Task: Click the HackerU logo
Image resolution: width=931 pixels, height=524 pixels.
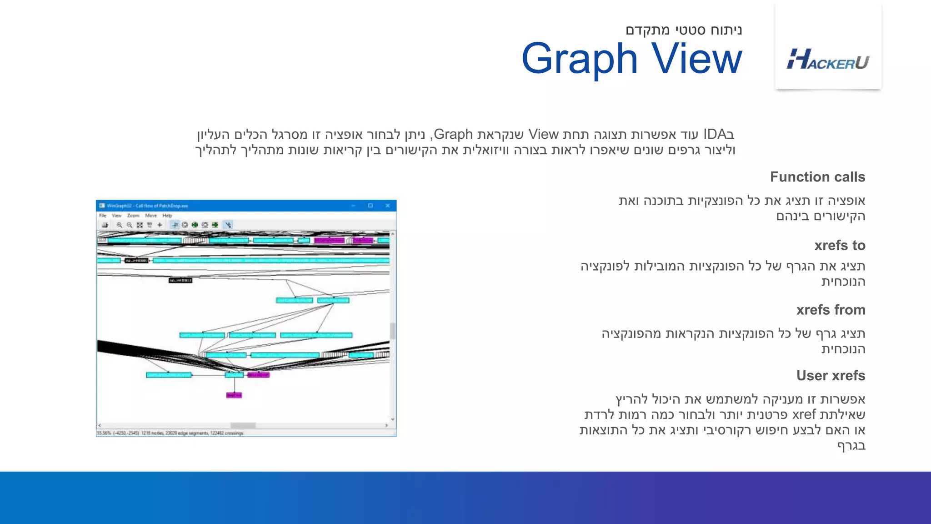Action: pos(828,60)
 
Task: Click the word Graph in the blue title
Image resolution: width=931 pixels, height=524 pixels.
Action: pos(580,59)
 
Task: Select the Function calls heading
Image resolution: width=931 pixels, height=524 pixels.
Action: pos(817,177)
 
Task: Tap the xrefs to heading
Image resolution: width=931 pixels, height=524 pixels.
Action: pos(840,246)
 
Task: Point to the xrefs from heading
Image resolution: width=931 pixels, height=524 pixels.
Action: pos(831,310)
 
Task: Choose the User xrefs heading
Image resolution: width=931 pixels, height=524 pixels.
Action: pos(831,376)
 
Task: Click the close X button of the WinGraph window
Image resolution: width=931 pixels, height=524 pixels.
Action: pos(388,206)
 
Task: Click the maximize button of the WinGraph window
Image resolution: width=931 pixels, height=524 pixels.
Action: pos(370,206)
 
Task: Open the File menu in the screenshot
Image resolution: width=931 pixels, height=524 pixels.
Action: pos(103,216)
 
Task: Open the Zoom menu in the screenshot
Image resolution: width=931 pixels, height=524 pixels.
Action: pos(133,216)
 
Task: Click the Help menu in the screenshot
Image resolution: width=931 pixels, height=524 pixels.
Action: pos(167,216)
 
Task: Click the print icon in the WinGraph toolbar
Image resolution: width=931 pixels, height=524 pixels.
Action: pos(105,225)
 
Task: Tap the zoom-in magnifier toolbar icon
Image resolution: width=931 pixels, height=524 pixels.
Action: pos(119,225)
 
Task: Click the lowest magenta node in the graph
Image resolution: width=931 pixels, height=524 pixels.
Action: pos(234,395)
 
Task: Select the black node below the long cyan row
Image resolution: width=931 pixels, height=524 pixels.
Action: pos(180,280)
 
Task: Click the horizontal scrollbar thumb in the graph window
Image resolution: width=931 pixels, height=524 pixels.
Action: pos(243,426)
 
